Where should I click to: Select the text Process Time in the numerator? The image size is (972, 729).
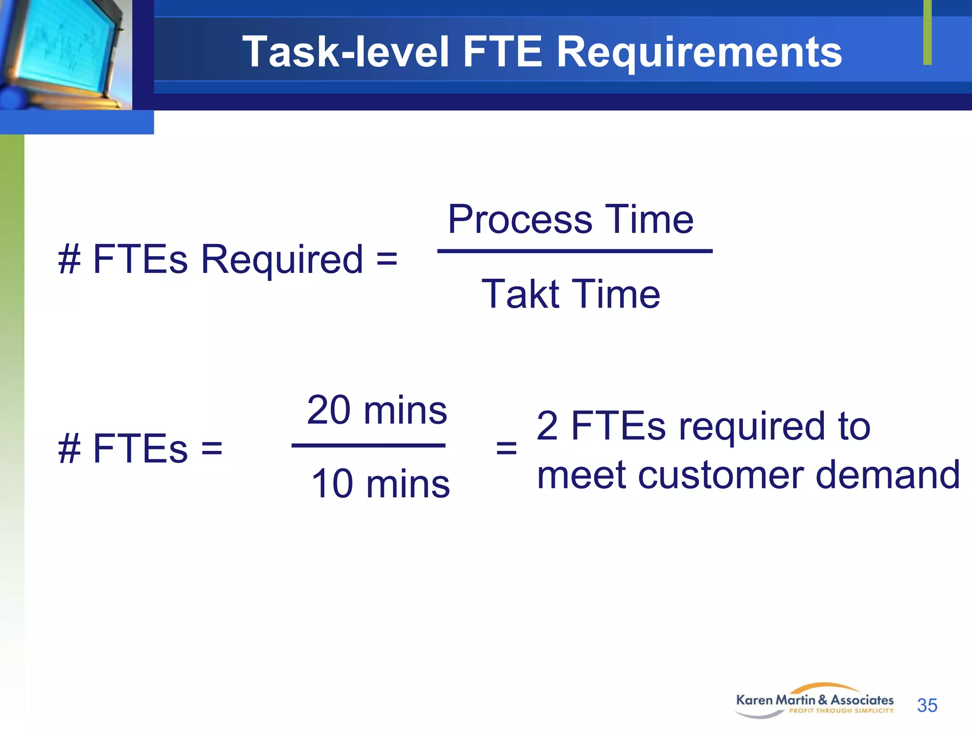(570, 219)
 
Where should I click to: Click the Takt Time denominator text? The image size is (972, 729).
(570, 294)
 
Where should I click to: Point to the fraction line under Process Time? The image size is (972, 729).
(574, 251)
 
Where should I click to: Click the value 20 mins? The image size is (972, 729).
(376, 410)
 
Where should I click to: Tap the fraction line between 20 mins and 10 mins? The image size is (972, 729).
(368, 445)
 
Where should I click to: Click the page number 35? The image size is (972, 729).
(927, 705)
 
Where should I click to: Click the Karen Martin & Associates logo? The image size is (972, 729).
(814, 701)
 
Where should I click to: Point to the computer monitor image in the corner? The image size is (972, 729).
(64, 50)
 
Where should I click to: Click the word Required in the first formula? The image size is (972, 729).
(282, 260)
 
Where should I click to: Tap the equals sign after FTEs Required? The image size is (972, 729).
(386, 260)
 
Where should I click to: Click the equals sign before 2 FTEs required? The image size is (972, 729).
(506, 448)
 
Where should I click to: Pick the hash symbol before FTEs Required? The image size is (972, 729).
(69, 260)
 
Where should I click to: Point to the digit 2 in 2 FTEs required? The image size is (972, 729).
(547, 426)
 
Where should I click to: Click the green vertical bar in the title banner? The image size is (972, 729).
(927, 32)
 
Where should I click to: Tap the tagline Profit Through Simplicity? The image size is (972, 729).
(841, 711)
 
